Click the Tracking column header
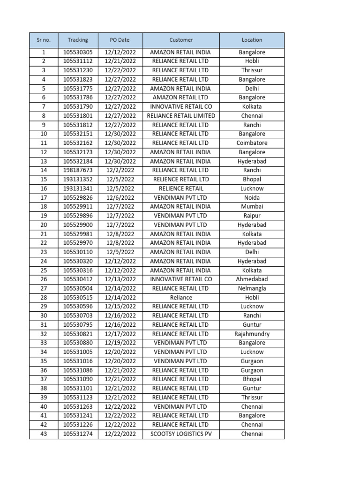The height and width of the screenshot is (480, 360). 78,40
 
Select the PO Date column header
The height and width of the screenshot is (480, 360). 120,40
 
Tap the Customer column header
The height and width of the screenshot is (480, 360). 181,40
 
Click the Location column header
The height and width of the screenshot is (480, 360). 252,40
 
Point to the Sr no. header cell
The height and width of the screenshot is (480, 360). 44,40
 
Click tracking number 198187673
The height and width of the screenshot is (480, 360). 78,170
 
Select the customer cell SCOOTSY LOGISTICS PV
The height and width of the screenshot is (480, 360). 181,434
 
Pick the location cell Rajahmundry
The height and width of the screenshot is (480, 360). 252,334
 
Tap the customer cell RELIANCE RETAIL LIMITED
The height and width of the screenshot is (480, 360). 181,116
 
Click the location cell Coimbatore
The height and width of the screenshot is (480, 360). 252,143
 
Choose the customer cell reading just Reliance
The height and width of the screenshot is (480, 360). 181,298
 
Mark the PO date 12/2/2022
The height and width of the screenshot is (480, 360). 120,170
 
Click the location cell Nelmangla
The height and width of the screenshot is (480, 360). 252,288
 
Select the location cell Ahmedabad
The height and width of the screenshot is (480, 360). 252,279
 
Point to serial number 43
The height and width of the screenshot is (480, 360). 44,434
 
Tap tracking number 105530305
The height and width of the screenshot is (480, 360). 78,52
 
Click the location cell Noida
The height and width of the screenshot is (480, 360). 252,197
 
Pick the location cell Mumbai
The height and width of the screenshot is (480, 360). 252,207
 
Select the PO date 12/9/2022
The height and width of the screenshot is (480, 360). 120,252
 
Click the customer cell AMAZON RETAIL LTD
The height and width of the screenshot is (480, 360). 181,97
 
